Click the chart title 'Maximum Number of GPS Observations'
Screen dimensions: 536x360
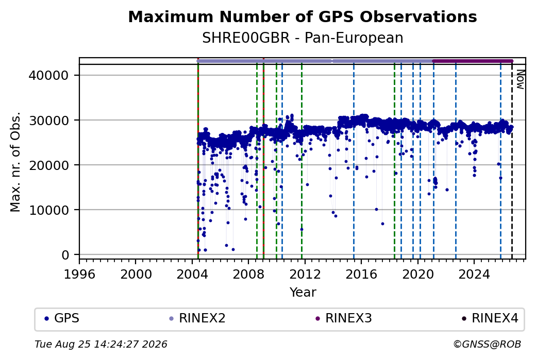[x=303, y=16]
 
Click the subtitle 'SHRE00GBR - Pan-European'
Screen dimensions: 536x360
[x=303, y=38]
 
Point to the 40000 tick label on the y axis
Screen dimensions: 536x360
[x=48, y=75]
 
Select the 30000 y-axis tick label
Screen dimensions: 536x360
[x=48, y=120]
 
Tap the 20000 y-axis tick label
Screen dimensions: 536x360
[x=48, y=165]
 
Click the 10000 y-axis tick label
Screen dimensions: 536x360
[x=48, y=210]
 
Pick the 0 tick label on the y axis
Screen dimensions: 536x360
[x=65, y=255]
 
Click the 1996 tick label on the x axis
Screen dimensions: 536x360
[x=79, y=274]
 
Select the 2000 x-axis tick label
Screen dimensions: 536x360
[x=136, y=274]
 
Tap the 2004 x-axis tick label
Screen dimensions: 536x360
[x=192, y=274]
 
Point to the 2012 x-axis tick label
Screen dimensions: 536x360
[x=305, y=274]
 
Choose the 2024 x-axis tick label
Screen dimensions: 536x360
[x=474, y=274]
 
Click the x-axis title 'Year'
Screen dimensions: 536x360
[x=303, y=293]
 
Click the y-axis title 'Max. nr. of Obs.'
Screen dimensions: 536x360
[x=15, y=162]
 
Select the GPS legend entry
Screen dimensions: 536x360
[x=62, y=318]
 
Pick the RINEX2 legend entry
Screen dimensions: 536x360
[x=197, y=318]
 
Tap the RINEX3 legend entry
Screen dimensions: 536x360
[x=344, y=318]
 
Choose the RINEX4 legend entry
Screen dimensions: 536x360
[x=490, y=318]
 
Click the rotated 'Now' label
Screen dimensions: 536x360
[x=520, y=79]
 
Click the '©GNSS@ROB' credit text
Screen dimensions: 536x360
[x=487, y=344]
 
